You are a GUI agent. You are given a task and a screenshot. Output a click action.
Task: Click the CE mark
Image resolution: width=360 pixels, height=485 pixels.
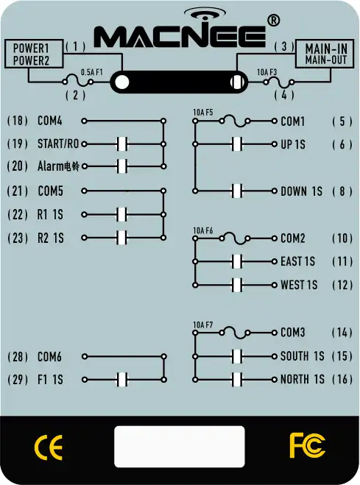[x=49, y=447]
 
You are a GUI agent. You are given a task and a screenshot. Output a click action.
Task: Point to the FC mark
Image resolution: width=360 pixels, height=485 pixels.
[x=308, y=445]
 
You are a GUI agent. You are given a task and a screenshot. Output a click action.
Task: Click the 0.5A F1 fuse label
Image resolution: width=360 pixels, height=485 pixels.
[x=91, y=72]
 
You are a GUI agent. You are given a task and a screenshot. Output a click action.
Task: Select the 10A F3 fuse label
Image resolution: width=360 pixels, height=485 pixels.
[x=267, y=72]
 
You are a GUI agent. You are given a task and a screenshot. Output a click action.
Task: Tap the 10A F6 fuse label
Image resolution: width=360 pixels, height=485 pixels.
[x=203, y=231]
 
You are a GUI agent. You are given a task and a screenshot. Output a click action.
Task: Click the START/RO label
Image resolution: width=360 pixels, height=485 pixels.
[x=58, y=144]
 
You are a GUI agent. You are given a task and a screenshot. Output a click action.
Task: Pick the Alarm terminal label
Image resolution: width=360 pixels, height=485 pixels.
[x=58, y=166]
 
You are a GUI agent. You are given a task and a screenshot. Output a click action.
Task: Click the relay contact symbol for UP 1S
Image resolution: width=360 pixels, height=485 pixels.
[x=237, y=144]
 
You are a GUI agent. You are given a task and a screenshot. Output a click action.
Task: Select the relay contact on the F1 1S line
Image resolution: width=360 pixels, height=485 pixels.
[x=122, y=380]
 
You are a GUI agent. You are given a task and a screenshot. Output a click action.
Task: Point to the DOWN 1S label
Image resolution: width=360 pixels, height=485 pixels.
[x=301, y=191]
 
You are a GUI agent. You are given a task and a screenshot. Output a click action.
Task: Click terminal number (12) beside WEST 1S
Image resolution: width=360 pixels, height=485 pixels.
[x=342, y=285]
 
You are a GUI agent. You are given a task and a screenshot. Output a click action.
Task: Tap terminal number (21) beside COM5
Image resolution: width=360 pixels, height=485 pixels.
[x=18, y=191]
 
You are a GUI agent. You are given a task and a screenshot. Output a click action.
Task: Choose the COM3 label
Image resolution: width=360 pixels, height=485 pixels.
[x=292, y=333]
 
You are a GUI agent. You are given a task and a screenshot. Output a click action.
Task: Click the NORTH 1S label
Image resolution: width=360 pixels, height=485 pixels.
[x=302, y=379]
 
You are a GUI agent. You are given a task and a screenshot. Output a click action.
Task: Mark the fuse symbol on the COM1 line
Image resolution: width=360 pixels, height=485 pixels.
[x=235, y=121]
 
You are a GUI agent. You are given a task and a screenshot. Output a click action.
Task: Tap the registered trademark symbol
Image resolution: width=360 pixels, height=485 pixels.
[x=273, y=21]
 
